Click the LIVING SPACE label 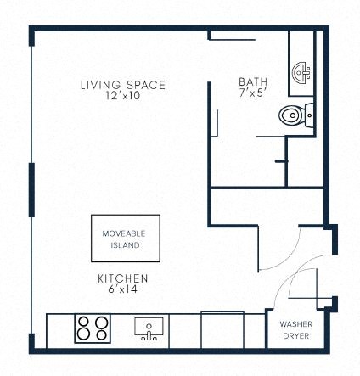click(x=122, y=85)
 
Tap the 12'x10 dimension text click(x=122, y=96)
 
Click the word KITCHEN click(x=123, y=278)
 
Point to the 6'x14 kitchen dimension click(x=123, y=289)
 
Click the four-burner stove click(x=93, y=328)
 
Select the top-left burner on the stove click(x=86, y=322)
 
